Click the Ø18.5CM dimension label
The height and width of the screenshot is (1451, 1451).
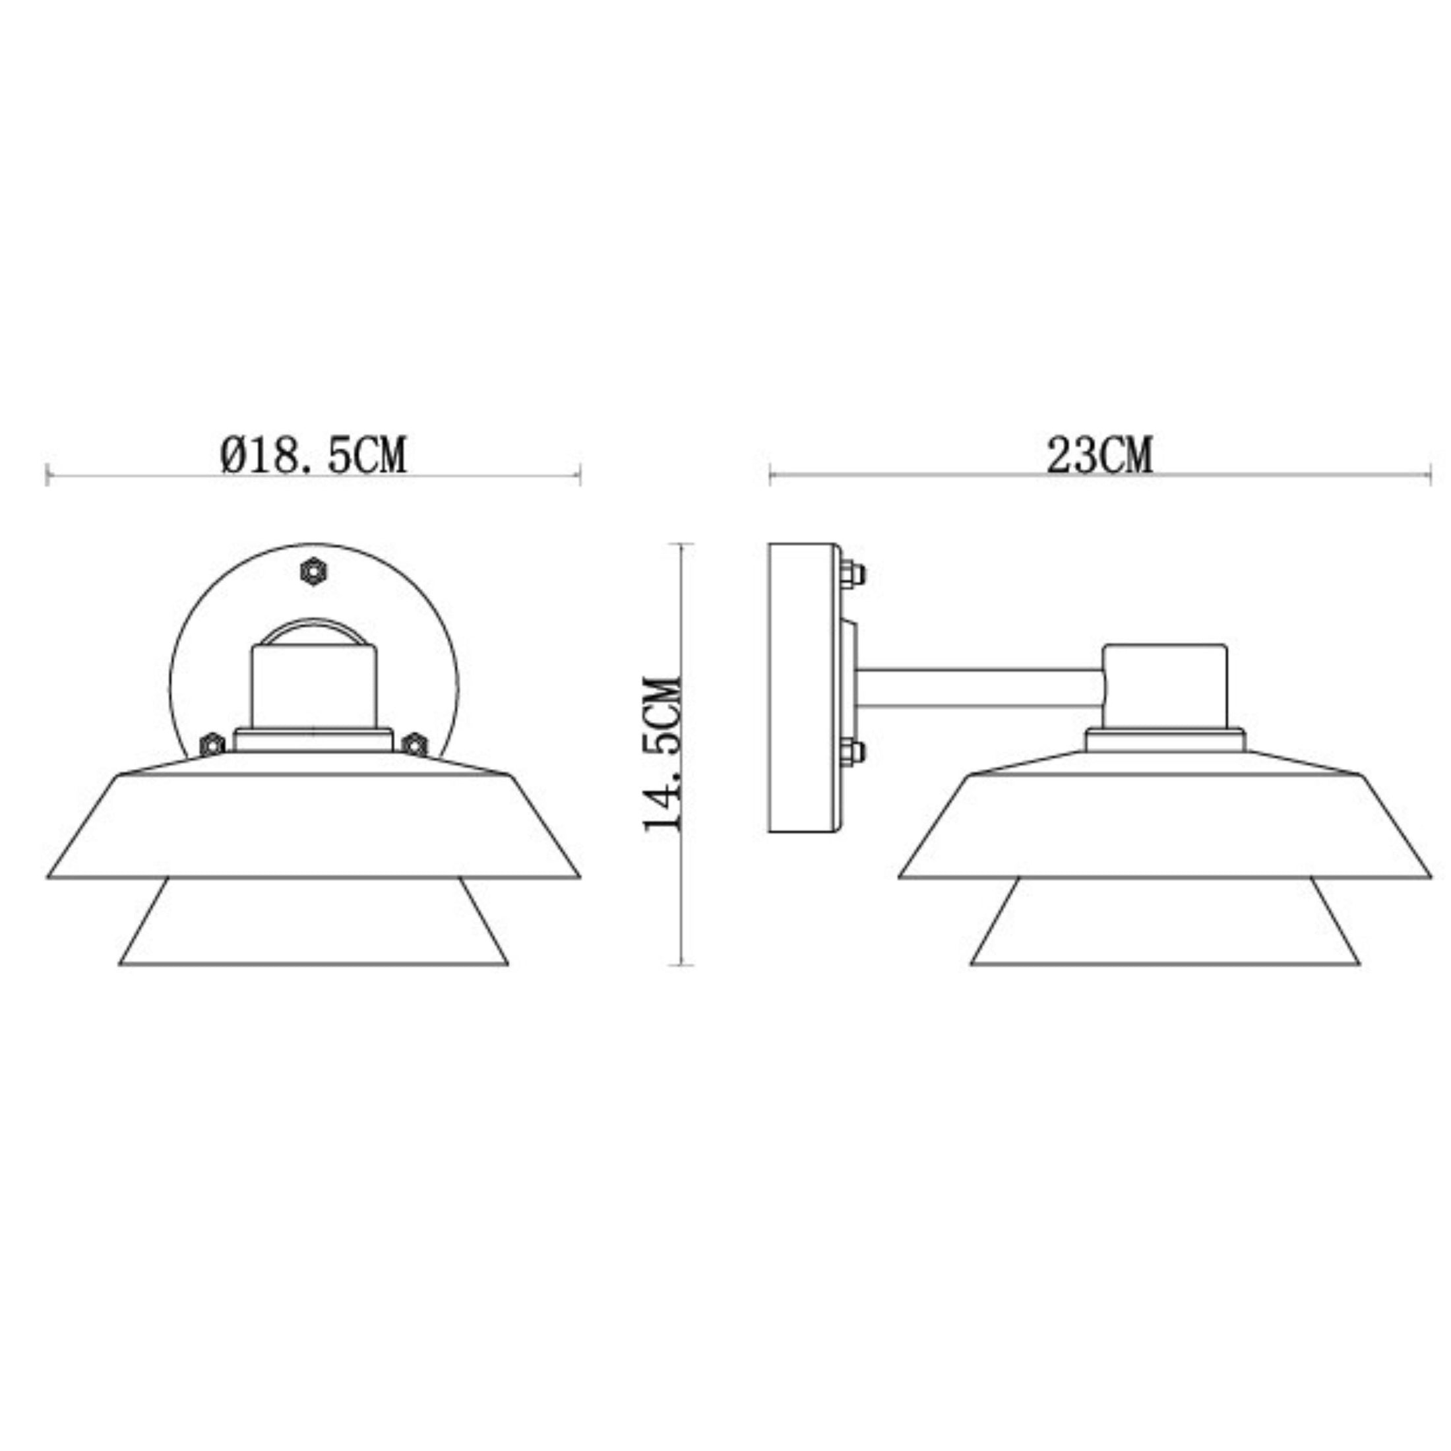click(314, 455)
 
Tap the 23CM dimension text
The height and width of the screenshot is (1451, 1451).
click(1099, 455)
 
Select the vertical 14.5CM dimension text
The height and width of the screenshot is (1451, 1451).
click(662, 753)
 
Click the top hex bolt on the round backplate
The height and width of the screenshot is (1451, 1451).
click(313, 572)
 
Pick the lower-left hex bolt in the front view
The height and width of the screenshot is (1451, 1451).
click(212, 745)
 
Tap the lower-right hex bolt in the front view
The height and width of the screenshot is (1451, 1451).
click(415, 745)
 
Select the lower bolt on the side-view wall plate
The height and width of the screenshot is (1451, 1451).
click(852, 751)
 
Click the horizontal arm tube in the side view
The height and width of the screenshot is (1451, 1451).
click(980, 688)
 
